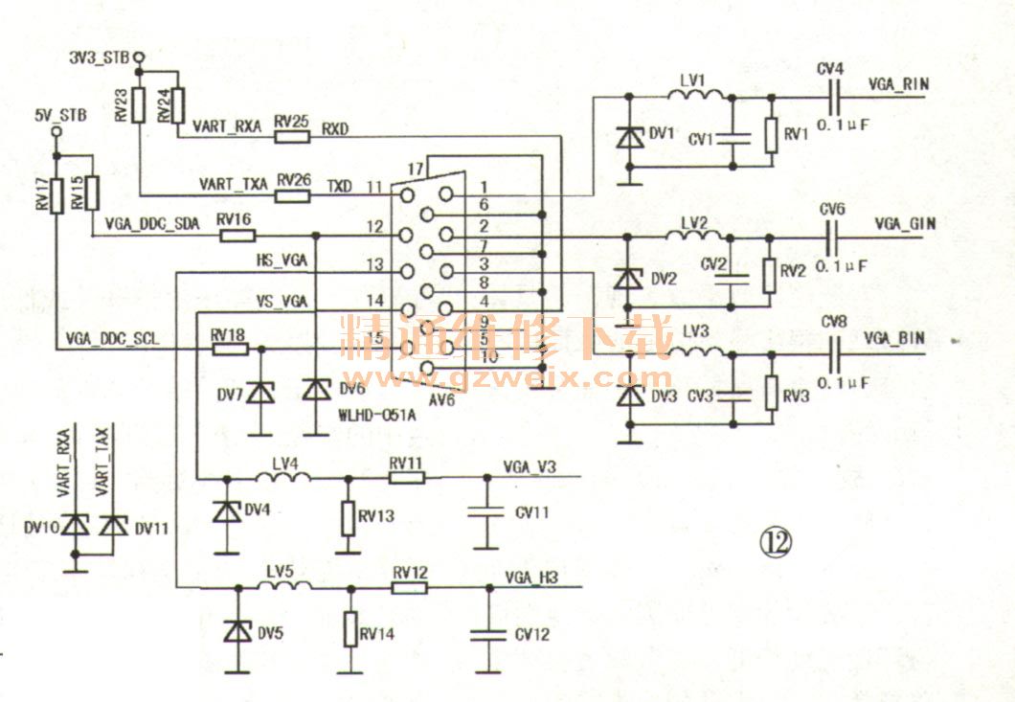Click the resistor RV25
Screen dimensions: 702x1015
(x=292, y=137)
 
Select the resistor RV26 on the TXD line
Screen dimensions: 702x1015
(x=293, y=196)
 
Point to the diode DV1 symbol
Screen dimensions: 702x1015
(x=629, y=137)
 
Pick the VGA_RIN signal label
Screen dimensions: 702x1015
(x=898, y=83)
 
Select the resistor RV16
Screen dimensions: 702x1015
(x=237, y=235)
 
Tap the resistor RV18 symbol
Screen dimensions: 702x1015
(x=229, y=350)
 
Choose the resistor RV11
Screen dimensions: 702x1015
(x=406, y=477)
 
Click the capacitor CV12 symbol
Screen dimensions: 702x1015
(x=487, y=634)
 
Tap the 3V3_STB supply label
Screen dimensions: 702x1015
(x=100, y=57)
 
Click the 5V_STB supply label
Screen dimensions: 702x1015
(x=59, y=116)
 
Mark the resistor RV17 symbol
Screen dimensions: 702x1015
(x=56, y=194)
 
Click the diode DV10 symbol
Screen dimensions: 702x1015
(x=75, y=525)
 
